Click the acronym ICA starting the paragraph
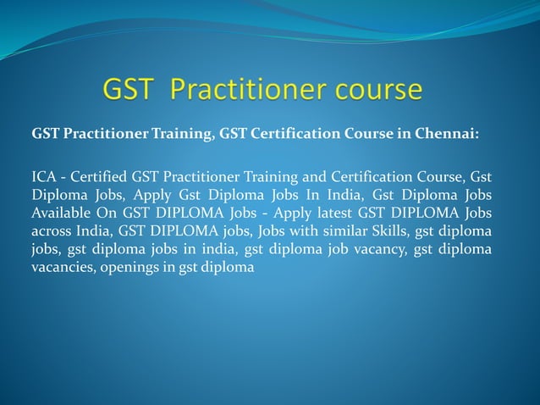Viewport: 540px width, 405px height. click(44, 177)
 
